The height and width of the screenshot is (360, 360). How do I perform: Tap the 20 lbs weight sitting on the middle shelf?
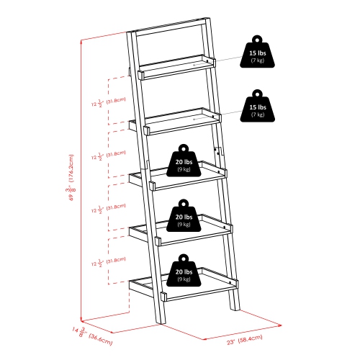pyautogui.click(x=183, y=161)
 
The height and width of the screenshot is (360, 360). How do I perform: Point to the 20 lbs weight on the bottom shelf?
pyautogui.click(x=183, y=272)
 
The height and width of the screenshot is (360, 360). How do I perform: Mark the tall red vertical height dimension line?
pyautogui.click(x=82, y=180)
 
